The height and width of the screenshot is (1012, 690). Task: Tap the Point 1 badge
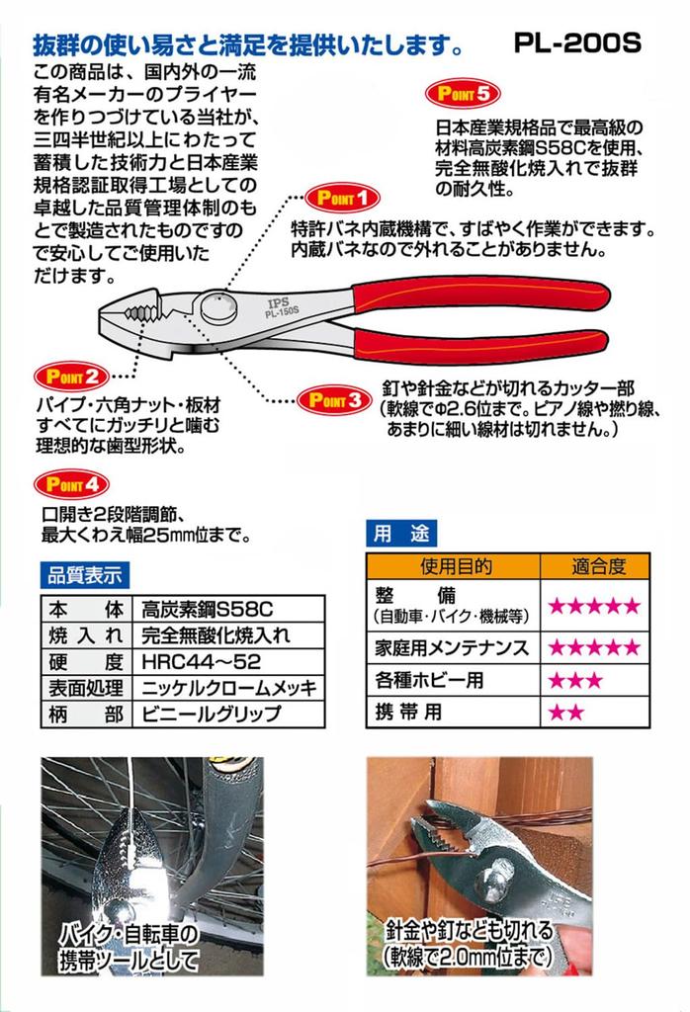[340, 197]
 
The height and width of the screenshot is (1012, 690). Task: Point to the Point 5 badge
[458, 96]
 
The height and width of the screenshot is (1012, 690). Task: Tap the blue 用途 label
[400, 535]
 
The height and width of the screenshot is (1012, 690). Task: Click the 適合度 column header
[596, 567]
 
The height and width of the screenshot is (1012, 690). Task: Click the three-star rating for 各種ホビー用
[568, 680]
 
